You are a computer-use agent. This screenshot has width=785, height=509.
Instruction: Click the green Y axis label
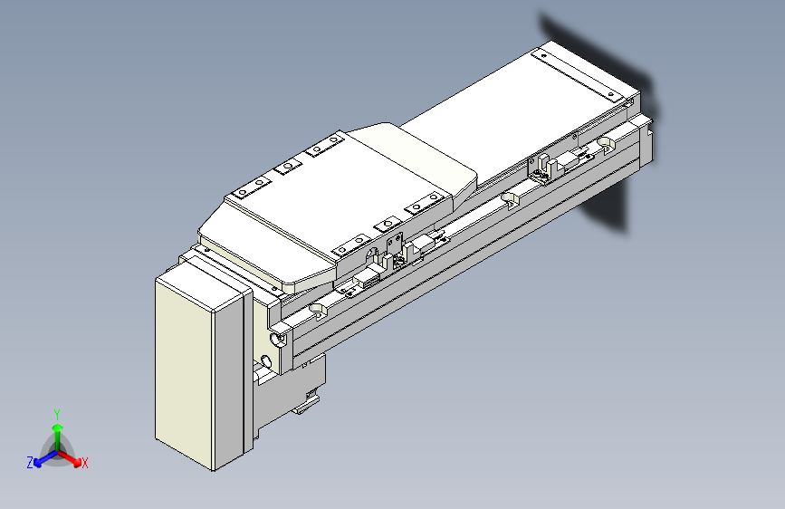tap(57, 411)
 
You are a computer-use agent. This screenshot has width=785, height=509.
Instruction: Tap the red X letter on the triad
tap(85, 463)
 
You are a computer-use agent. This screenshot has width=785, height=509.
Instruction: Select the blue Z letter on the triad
tap(30, 462)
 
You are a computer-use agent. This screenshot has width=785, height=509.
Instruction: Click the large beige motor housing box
tap(199, 371)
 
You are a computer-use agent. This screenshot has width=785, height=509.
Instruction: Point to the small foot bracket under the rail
tap(308, 405)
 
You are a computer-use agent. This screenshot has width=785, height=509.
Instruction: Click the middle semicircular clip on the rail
tap(509, 197)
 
